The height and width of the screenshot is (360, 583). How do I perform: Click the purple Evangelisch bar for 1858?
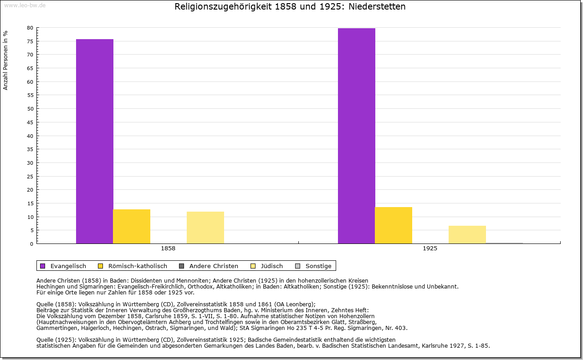(x=95, y=141)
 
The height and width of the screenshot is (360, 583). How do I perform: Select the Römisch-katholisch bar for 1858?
(x=132, y=226)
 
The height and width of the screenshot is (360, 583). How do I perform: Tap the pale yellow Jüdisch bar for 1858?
(x=205, y=228)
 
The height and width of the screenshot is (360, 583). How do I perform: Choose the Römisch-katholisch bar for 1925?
(x=394, y=225)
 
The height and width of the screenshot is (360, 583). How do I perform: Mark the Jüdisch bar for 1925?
(x=467, y=234)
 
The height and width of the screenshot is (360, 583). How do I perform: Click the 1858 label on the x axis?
(x=168, y=249)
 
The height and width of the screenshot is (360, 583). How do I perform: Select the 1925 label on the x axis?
(x=430, y=249)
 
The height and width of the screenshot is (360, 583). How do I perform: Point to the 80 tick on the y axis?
(x=30, y=28)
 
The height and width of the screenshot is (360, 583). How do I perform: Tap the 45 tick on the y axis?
(x=30, y=122)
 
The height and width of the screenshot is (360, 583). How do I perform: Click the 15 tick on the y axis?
(x=30, y=203)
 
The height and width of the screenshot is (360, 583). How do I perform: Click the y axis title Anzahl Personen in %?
(x=5, y=60)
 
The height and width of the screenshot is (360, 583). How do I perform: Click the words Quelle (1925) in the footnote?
(x=56, y=340)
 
